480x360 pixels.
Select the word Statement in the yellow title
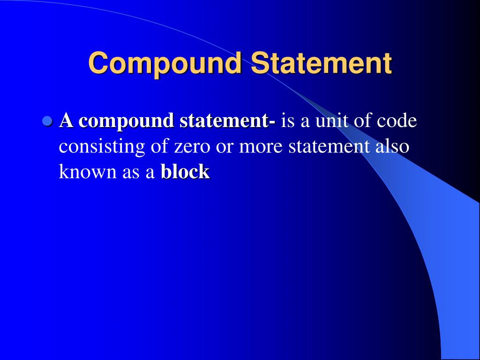321,63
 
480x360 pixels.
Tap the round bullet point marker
46,121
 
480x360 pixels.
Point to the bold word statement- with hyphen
228,121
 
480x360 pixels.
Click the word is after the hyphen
287,121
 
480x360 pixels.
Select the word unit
329,121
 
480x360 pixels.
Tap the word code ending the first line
397,121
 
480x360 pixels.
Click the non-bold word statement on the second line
329,147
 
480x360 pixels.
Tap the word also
392,147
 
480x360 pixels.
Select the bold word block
185,172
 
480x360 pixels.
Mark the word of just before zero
159,147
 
